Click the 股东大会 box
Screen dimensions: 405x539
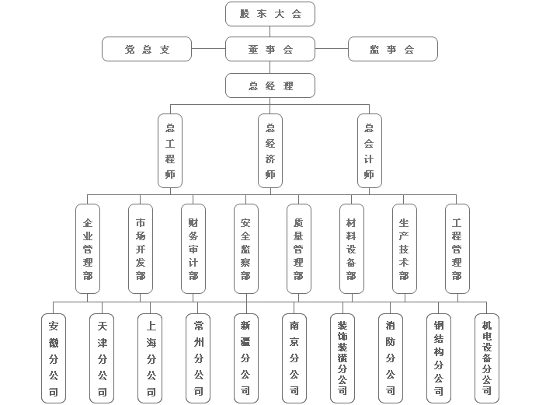(x=270, y=14)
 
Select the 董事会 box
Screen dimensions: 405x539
(x=270, y=49)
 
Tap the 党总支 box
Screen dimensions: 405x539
(x=147, y=49)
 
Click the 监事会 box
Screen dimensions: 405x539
(x=392, y=49)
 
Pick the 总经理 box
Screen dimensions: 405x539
(x=270, y=86)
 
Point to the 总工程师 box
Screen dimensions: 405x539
(x=170, y=151)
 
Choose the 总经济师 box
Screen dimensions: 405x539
(x=270, y=151)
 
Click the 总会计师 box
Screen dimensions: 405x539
(x=369, y=151)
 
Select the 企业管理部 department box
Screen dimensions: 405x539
(x=88, y=248)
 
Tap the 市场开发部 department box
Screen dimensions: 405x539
(x=141, y=248)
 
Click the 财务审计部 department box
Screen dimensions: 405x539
(x=193, y=248)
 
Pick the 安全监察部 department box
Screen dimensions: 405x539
(x=245, y=248)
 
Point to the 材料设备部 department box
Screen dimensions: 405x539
(x=351, y=248)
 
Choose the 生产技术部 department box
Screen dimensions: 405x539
(x=404, y=248)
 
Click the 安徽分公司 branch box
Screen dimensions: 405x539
(x=53, y=358)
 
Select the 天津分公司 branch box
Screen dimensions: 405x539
(x=102, y=358)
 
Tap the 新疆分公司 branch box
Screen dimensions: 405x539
(x=245, y=358)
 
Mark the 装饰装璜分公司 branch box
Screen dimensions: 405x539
(x=342, y=358)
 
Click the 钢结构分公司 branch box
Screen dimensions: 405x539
(x=439, y=358)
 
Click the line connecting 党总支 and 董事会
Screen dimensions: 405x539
(x=208, y=49)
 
